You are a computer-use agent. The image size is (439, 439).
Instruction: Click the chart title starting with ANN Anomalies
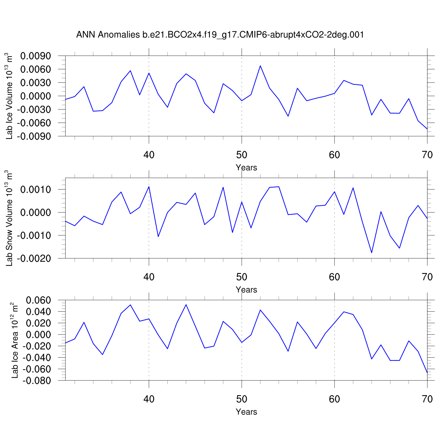coord(220,35)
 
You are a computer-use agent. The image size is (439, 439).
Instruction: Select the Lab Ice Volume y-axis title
coord(10,96)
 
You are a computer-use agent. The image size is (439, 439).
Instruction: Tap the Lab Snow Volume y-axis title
coord(10,218)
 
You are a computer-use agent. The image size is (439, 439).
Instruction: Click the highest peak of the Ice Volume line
coord(260,66)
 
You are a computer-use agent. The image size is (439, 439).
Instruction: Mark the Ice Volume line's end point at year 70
coord(427,129)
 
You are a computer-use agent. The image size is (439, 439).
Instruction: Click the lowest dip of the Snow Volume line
coord(372,253)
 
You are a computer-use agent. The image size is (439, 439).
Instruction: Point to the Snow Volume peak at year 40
coord(149,186)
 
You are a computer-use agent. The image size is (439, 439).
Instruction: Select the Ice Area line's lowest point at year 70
coord(427,373)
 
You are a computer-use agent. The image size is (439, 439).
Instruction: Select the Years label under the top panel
coord(246,168)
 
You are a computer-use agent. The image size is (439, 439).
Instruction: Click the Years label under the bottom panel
coord(246,412)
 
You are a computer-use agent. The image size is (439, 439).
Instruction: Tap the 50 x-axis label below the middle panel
coord(241,277)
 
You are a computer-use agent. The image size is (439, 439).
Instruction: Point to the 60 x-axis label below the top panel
coord(334,155)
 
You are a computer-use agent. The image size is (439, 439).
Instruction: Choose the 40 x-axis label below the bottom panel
coord(149,399)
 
